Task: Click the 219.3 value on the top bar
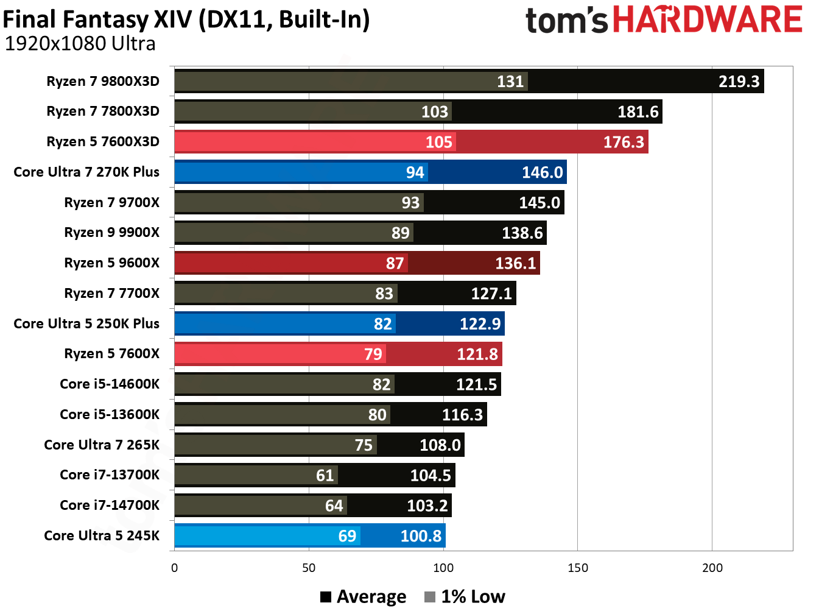coord(739,82)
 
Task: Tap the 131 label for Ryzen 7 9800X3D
coord(510,82)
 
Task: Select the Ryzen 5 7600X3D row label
coord(103,142)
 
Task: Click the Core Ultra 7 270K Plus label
coord(86,172)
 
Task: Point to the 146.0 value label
coord(542,172)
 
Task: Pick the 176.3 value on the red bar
coord(623,142)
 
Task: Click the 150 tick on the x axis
coord(577,568)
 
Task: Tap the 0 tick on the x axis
coord(175,568)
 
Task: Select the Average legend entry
coord(364,597)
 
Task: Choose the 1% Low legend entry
coord(465,597)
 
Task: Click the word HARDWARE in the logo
coord(708,19)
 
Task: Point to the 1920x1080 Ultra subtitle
coord(80,44)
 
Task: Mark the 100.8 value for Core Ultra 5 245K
coord(420,536)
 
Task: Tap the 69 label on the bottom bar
coord(347,536)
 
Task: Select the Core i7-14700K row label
coord(110,506)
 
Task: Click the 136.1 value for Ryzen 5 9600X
coord(515,263)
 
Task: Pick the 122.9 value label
coord(480,324)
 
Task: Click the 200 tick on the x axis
coord(712,568)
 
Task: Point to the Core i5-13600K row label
coord(110,415)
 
